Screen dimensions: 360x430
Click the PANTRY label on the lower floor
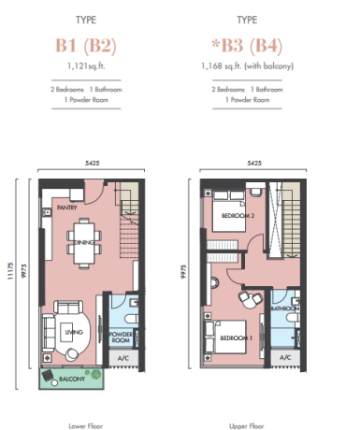pyautogui.click(x=66, y=208)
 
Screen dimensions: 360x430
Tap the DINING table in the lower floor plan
pyautogui.click(x=84, y=243)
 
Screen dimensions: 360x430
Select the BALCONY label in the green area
pyautogui.click(x=72, y=379)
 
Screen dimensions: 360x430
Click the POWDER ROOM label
pyautogui.click(x=121, y=337)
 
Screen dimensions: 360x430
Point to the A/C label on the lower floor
pyautogui.click(x=123, y=358)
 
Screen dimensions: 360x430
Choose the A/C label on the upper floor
pyautogui.click(x=285, y=357)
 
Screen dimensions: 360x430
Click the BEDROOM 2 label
pyautogui.click(x=238, y=215)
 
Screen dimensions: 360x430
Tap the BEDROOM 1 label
pyautogui.click(x=236, y=338)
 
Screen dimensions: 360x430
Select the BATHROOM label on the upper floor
pyautogui.click(x=285, y=308)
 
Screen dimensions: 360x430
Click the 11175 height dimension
pyautogui.click(x=11, y=271)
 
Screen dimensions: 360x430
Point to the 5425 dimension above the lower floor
pyautogui.click(x=93, y=163)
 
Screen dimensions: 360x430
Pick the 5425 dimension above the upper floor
pyautogui.click(x=254, y=163)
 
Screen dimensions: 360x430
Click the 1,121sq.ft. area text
pyautogui.click(x=86, y=66)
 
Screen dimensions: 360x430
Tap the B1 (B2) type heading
pyautogui.click(x=86, y=46)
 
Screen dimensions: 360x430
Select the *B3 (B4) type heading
pyautogui.click(x=247, y=46)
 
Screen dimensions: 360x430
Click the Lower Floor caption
pyautogui.click(x=86, y=426)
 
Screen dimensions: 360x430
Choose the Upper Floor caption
pyautogui.click(x=247, y=426)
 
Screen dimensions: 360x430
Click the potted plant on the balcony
pyautogui.click(x=96, y=373)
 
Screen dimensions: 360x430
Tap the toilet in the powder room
pyautogui.click(x=132, y=319)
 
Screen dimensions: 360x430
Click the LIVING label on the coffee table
pyautogui.click(x=74, y=332)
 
